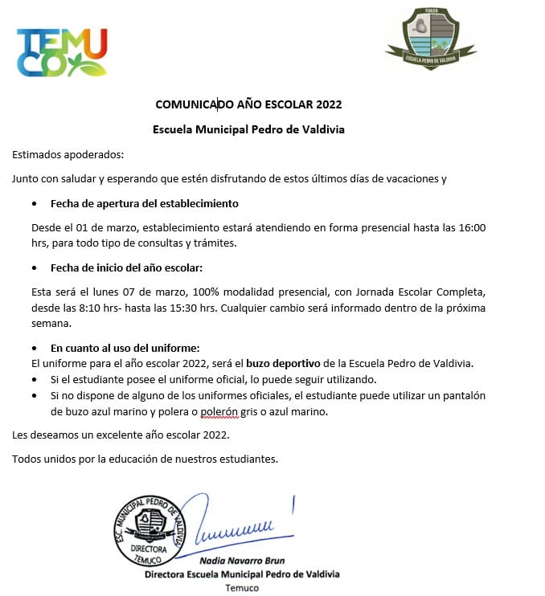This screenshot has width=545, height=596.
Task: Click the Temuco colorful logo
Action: (61, 51)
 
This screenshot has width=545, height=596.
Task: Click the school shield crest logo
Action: (430, 38)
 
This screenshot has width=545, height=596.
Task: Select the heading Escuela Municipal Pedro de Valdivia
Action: (248, 129)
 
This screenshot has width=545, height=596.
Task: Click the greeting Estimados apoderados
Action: (68, 154)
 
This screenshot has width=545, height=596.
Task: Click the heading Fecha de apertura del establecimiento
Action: (144, 203)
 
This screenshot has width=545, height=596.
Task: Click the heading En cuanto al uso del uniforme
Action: (125, 348)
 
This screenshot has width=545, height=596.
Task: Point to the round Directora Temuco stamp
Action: (146, 530)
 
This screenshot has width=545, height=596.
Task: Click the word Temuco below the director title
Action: (242, 588)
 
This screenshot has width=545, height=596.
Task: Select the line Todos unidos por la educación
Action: (145, 459)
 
